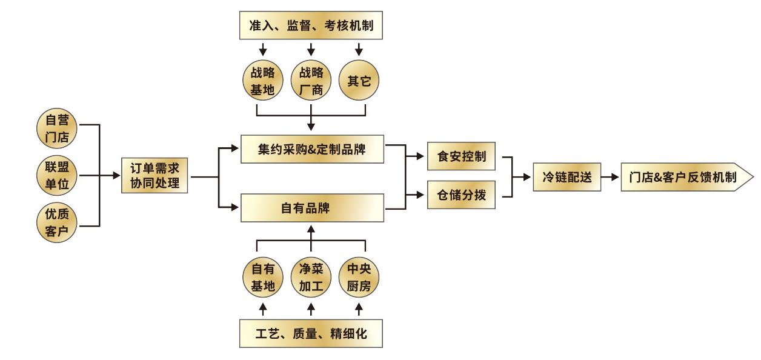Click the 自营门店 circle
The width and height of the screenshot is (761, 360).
pos(57,128)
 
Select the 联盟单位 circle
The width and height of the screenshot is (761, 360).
pos(57,176)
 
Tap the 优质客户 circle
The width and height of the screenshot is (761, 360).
pos(57,223)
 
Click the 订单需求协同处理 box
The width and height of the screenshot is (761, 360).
pos(155,176)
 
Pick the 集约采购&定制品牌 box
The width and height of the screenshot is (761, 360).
pos(313,148)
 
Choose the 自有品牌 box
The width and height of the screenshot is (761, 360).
pos(313,208)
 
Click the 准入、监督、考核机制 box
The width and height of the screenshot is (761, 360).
pos(311,26)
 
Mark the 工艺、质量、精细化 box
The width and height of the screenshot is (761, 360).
pos(311,333)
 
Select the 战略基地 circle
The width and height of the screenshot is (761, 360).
pos(262,81)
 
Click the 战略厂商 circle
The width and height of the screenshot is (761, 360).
pos(311,81)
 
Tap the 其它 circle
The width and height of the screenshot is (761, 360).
pos(359,81)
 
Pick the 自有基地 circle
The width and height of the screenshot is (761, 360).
pos(262,278)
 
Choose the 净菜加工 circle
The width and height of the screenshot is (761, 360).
pos(311,278)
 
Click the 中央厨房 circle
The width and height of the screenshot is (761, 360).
pos(359,278)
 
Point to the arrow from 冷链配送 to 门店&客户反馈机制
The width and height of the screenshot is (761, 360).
pos(609,177)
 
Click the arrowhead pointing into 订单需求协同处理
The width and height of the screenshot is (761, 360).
pos(117,176)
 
